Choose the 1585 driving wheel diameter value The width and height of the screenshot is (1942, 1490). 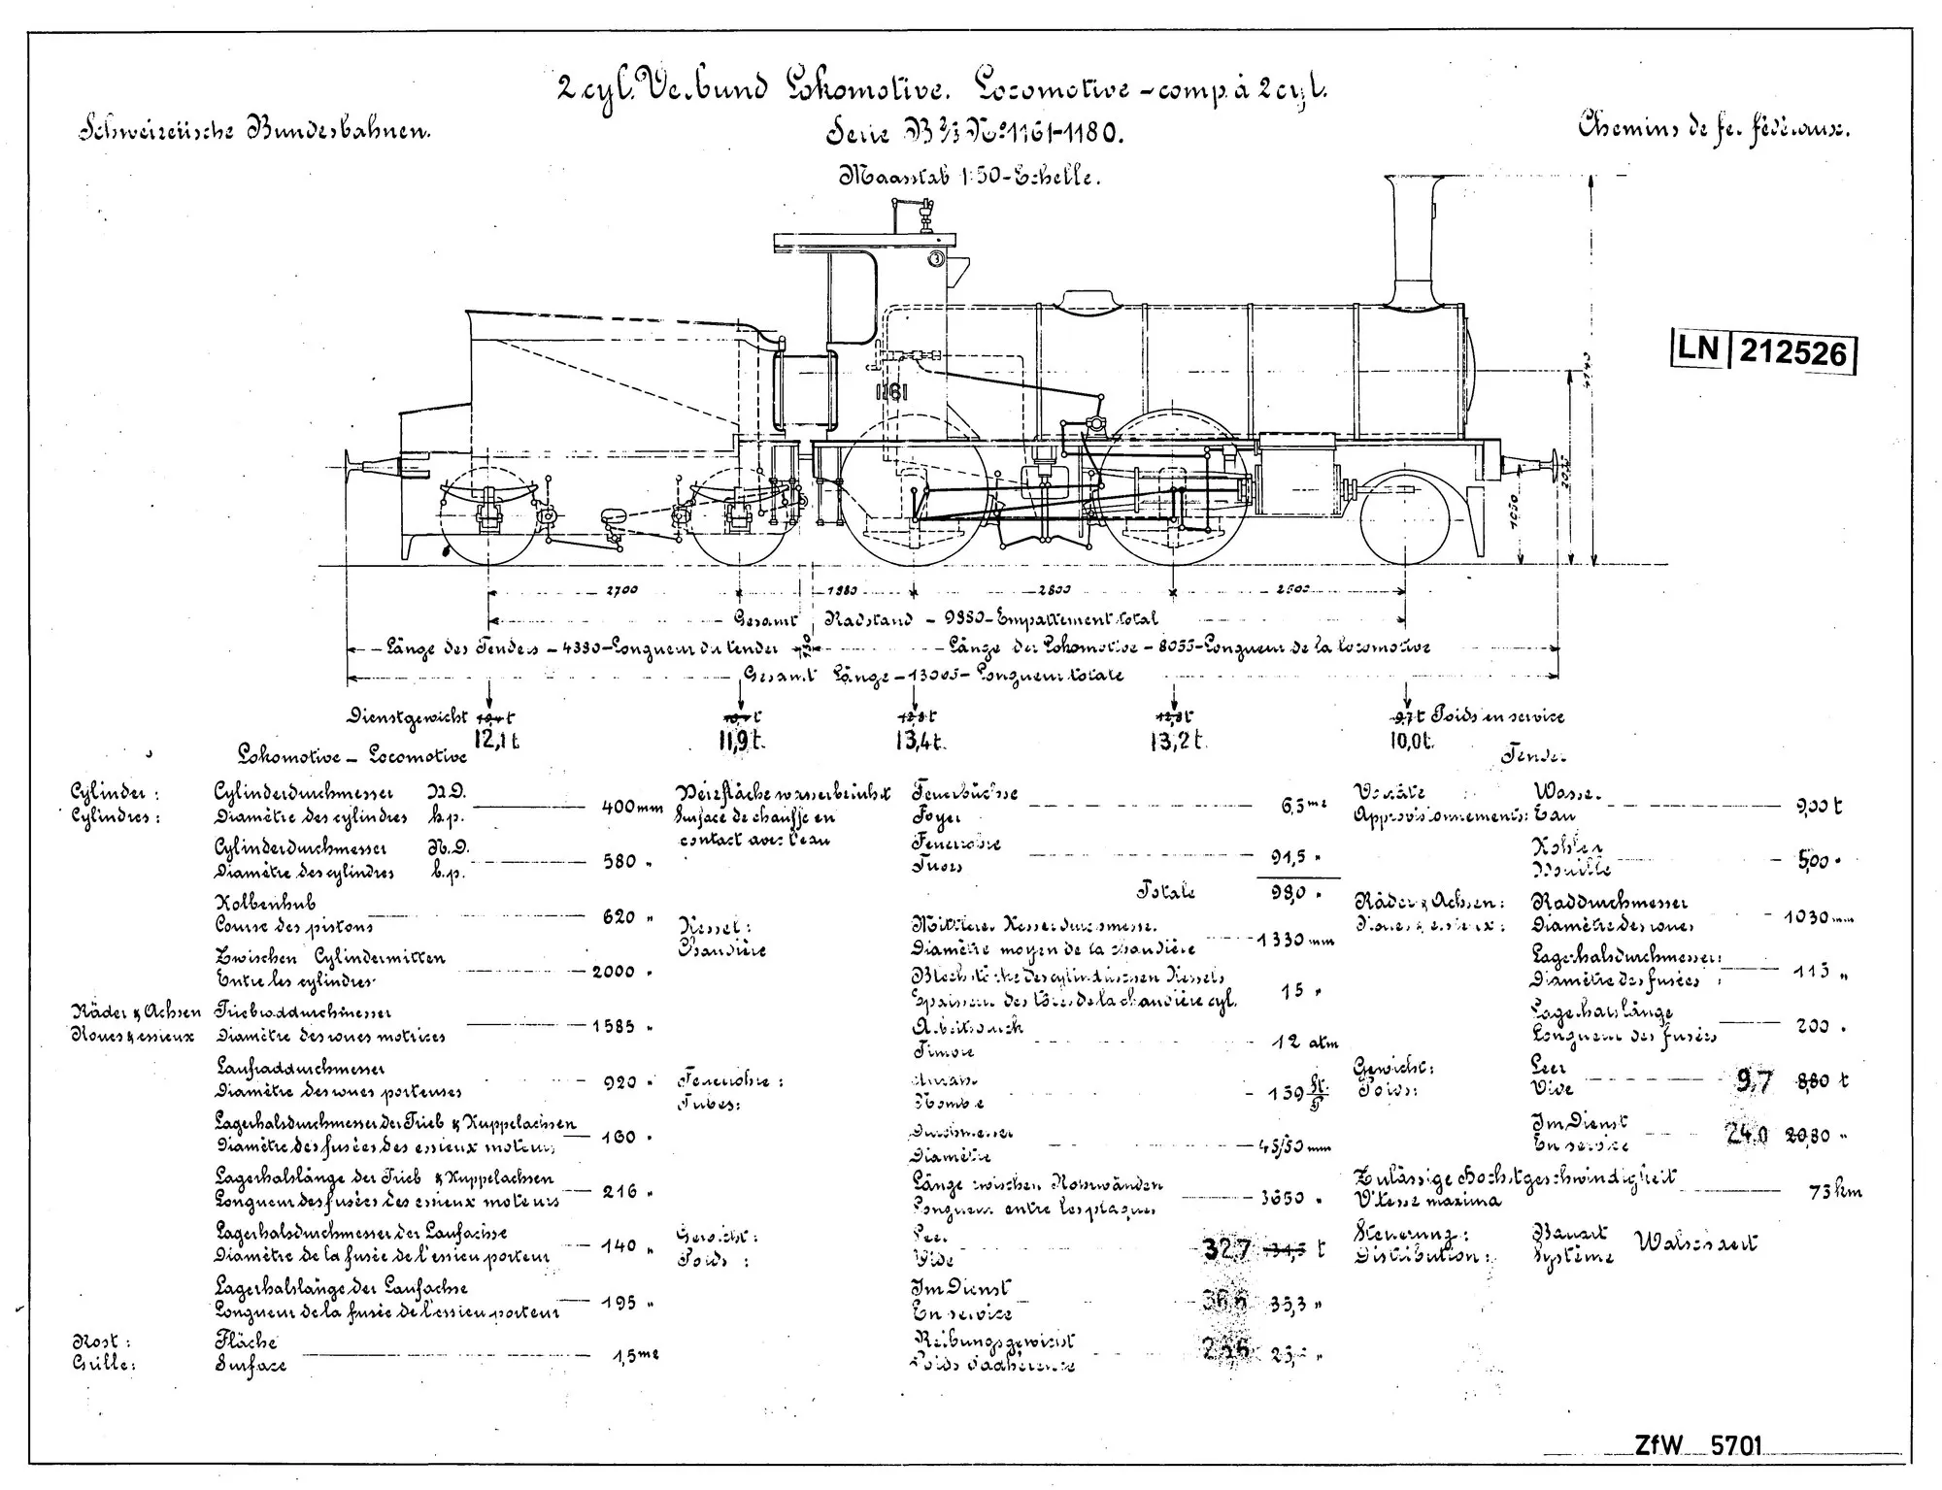click(614, 1026)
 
